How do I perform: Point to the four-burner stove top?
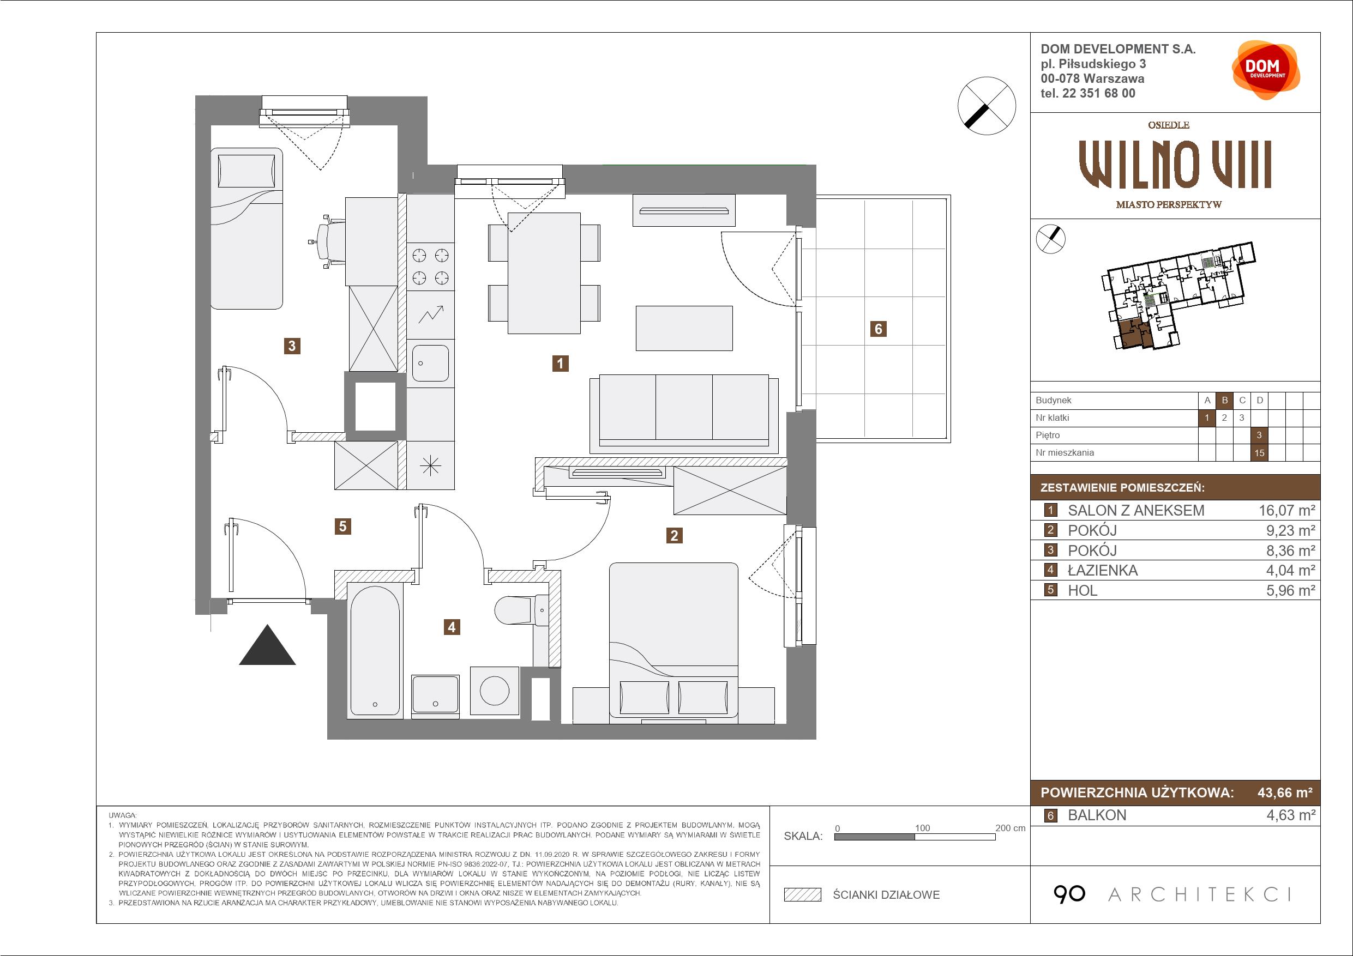click(x=430, y=266)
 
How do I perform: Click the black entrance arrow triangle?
click(x=267, y=645)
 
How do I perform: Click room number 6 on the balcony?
click(x=878, y=329)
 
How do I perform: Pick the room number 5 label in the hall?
click(x=342, y=526)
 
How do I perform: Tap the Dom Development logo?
click(x=1265, y=70)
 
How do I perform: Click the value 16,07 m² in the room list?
click(x=1286, y=510)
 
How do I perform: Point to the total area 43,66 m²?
click(x=1285, y=792)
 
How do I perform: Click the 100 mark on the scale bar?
click(x=922, y=827)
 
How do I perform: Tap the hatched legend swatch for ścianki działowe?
click(x=803, y=895)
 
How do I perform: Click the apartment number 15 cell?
click(x=1259, y=453)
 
